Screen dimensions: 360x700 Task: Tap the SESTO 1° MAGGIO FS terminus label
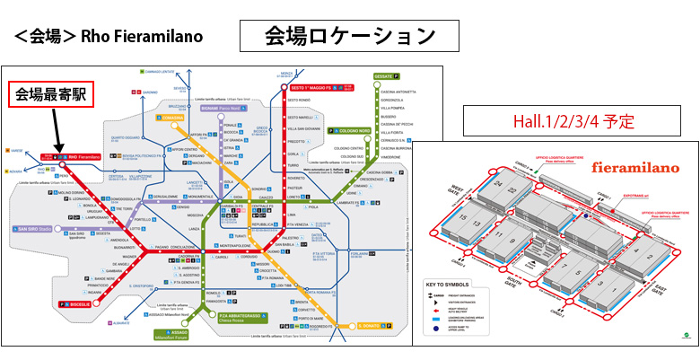tap(316, 87)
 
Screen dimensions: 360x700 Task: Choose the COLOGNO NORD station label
tap(354, 130)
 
